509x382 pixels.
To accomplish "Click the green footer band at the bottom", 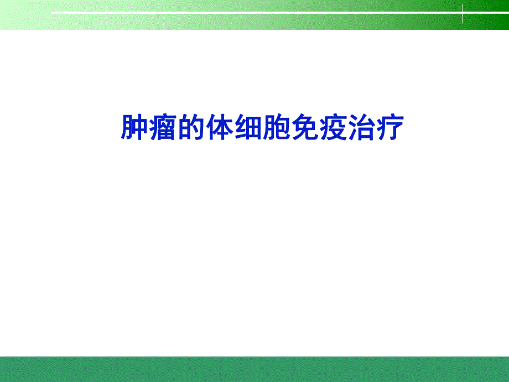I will [x=254, y=369].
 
